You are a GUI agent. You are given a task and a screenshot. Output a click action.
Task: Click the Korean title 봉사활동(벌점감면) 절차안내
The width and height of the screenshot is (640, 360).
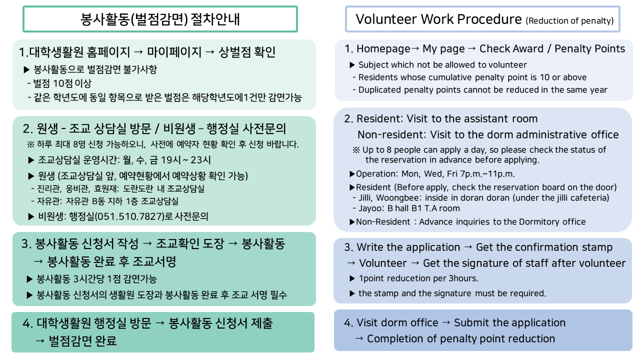pos(160,19)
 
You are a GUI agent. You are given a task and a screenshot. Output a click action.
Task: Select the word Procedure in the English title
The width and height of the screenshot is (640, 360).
pos(489,19)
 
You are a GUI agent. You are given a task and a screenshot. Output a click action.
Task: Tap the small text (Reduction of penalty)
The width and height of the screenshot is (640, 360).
pos(569,21)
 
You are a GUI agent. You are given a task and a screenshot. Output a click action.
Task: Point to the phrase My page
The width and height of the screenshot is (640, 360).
pos(443,49)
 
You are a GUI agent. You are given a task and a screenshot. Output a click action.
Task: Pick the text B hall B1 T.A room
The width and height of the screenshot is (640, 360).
pos(423,208)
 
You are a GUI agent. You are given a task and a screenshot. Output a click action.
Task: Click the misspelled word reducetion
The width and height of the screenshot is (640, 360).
pos(406,278)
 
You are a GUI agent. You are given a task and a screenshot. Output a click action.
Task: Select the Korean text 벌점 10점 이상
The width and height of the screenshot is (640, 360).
pos(62,83)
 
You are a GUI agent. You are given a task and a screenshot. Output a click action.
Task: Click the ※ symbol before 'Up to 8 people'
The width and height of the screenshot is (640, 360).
pos(356,150)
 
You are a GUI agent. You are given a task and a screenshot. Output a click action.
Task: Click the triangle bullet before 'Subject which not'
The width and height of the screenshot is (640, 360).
pos(352,65)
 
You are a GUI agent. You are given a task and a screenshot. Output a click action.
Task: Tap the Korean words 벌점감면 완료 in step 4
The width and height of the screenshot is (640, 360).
pos(82,340)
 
